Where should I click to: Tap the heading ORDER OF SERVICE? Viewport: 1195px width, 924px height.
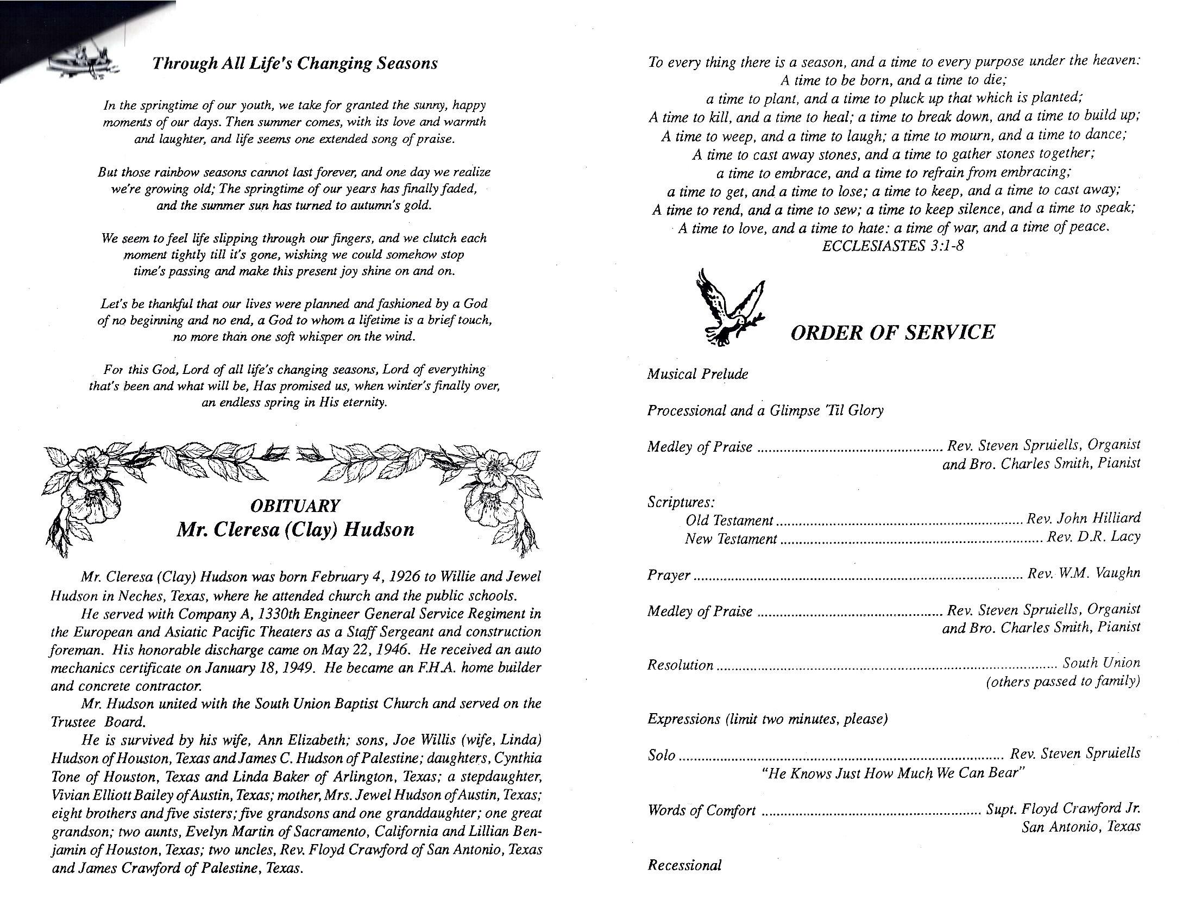[x=892, y=332]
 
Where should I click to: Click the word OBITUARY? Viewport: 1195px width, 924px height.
[x=295, y=505]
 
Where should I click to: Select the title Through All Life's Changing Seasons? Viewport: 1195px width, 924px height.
[x=295, y=64]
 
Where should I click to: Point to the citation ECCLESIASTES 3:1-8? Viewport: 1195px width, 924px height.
[x=893, y=246]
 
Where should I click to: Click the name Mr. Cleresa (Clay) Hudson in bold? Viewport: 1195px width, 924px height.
[x=295, y=530]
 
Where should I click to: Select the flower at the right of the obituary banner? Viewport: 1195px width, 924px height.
[x=493, y=492]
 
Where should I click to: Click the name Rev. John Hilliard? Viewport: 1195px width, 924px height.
[x=1084, y=518]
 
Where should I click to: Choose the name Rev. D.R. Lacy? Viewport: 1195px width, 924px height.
[x=1093, y=536]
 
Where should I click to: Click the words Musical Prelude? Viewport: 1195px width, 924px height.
[x=697, y=374]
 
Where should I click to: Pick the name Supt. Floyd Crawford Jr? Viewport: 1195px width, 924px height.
[x=1062, y=809]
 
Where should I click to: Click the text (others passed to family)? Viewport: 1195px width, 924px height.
[x=1062, y=682]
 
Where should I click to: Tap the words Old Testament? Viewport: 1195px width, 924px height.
[x=729, y=520]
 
